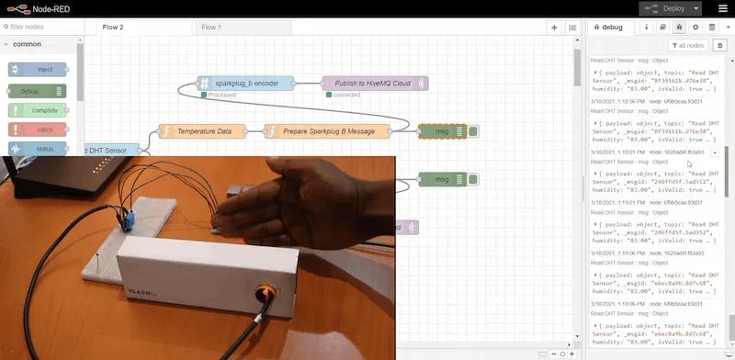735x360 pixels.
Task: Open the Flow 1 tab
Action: pyautogui.click(x=211, y=27)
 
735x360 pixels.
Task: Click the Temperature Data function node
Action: pyautogui.click(x=203, y=131)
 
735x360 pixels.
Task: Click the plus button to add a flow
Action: pyautogui.click(x=554, y=27)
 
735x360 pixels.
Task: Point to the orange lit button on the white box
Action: pyautogui.click(x=269, y=293)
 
